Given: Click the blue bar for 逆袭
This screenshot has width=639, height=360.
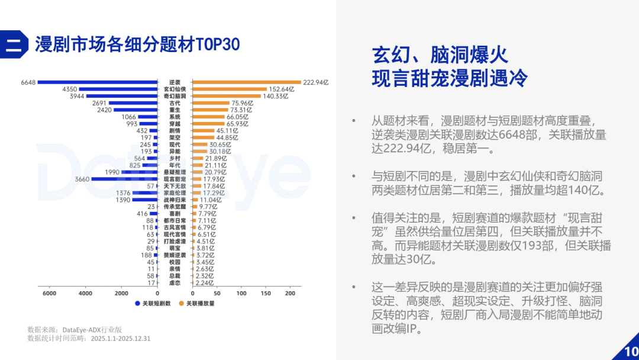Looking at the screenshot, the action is click(98, 82).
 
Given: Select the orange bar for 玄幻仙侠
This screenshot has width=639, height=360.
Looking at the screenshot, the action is click(230, 89).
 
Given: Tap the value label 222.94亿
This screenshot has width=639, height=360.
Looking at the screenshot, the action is click(316, 82).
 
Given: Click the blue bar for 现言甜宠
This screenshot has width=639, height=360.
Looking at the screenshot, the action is click(124, 179).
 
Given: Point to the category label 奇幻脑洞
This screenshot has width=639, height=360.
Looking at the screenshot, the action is click(175, 97).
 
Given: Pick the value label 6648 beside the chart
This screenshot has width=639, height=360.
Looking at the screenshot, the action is click(28, 82).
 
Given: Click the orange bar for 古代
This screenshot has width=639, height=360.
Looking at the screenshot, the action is click(211, 103).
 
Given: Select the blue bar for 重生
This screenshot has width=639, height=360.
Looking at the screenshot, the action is click(135, 110).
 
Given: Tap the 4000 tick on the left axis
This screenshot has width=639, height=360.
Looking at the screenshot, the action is click(85, 293).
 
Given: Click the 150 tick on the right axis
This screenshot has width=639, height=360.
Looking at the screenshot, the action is click(266, 293).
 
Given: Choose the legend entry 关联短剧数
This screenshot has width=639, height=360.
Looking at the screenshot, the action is click(153, 303).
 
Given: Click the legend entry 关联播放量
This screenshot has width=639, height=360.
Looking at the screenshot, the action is click(197, 303).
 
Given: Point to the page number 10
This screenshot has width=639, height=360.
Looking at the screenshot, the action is click(631, 351).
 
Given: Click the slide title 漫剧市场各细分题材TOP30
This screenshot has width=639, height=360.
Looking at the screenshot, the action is click(137, 44).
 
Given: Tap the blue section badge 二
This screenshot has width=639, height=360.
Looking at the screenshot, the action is click(14, 44).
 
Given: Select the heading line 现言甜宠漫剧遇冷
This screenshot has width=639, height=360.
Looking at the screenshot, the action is click(450, 78).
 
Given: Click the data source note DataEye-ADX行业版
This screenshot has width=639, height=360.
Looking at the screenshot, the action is click(92, 329).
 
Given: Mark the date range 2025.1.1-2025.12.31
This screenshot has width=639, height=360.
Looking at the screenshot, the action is click(121, 339).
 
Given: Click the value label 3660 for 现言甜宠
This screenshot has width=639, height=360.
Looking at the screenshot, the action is click(82, 179).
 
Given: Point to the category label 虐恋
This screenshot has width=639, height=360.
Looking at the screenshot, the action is click(175, 282).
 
